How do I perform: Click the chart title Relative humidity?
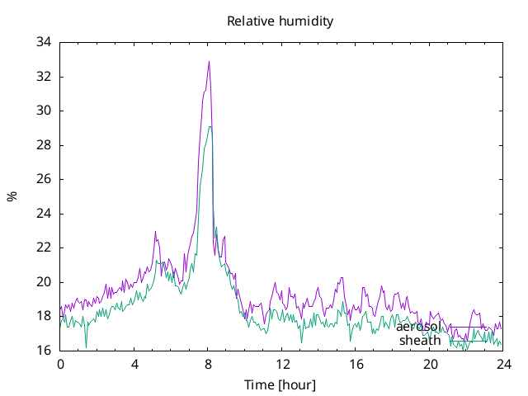pos(280,21)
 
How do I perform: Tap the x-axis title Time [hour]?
pos(280,384)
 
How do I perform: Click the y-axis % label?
pos(12,196)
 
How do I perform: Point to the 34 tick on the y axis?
pos(44,42)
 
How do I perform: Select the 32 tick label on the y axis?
pos(44,77)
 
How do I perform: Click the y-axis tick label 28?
pos(44,145)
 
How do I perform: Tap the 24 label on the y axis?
pos(44,214)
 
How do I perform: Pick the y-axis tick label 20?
pos(44,282)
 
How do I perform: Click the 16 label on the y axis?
pos(44,350)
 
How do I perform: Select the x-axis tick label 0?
pos(60,365)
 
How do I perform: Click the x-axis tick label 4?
pos(134,365)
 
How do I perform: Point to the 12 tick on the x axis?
pos(282,365)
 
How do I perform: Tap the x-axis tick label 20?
pos(430,365)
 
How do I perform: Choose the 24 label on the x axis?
pos(504,365)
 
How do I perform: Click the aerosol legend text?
pos(418,327)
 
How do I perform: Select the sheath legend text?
pos(420,341)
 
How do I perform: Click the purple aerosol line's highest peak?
pos(209,61)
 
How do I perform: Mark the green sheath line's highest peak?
pos(210,126)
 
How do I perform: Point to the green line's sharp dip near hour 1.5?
pos(86,347)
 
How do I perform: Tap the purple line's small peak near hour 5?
pos(155,231)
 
